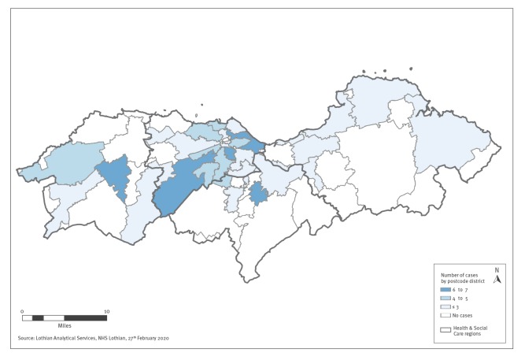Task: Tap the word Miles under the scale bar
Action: coord(64,325)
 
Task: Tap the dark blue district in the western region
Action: coord(116,175)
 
